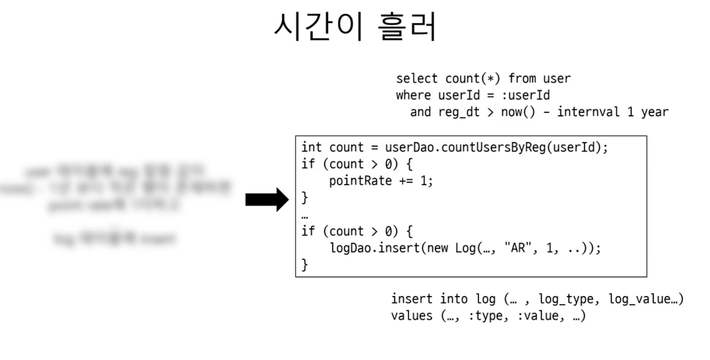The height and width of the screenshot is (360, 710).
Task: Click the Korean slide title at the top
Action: [355, 26]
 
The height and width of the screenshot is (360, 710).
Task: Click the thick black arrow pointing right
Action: [267, 200]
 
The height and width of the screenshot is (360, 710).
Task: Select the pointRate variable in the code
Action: [360, 181]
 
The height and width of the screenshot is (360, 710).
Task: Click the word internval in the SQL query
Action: [588, 112]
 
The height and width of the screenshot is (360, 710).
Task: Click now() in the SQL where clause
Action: [518, 112]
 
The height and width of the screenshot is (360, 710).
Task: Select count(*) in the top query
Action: [472, 78]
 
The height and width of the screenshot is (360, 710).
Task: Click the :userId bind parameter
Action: [526, 95]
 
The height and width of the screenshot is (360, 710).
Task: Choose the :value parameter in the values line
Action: [538, 316]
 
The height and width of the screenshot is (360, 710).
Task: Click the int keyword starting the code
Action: [311, 147]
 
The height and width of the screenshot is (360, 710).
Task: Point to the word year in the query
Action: [655, 112]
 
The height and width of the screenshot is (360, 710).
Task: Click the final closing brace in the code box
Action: [304, 265]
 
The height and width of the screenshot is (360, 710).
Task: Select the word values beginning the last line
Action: [412, 316]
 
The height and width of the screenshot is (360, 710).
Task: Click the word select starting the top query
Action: [417, 78]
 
